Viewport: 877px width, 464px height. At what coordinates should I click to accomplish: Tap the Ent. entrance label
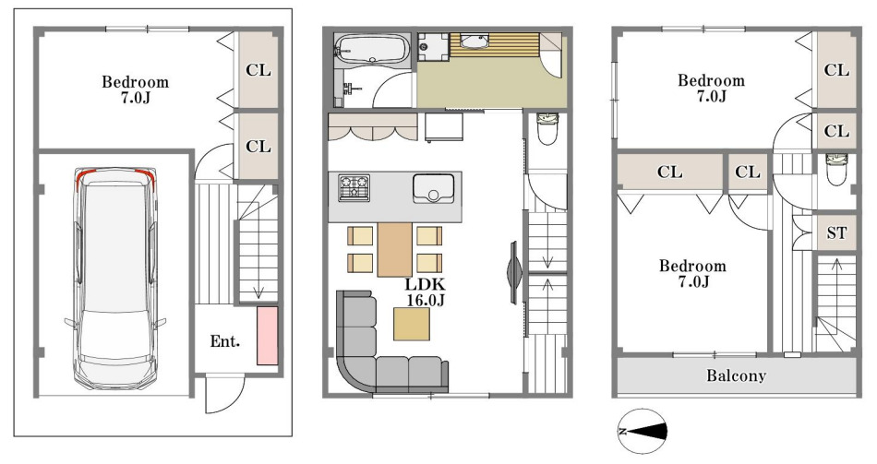click(225, 341)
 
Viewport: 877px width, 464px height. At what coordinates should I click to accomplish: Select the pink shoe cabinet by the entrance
click(268, 336)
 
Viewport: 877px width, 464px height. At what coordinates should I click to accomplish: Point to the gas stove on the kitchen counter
click(354, 188)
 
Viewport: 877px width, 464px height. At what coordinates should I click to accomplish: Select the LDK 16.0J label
click(426, 292)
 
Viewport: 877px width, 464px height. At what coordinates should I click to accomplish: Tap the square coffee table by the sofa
click(412, 324)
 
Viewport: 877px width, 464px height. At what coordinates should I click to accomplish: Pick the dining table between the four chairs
click(395, 249)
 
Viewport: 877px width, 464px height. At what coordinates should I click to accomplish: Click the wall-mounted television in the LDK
click(514, 273)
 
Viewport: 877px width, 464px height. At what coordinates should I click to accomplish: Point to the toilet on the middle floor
click(547, 127)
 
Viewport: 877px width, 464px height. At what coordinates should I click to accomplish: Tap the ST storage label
click(836, 232)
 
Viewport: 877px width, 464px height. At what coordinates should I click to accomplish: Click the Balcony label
click(736, 375)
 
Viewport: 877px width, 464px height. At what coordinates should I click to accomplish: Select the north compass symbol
click(643, 431)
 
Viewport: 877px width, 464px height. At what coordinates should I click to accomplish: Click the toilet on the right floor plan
click(836, 170)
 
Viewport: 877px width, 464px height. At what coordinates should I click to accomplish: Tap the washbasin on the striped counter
click(475, 42)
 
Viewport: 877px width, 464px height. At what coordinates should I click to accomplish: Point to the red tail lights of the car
click(114, 173)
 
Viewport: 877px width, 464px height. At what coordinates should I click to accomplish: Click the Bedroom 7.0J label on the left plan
click(136, 89)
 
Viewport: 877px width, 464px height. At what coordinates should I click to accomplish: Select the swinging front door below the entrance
click(225, 394)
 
